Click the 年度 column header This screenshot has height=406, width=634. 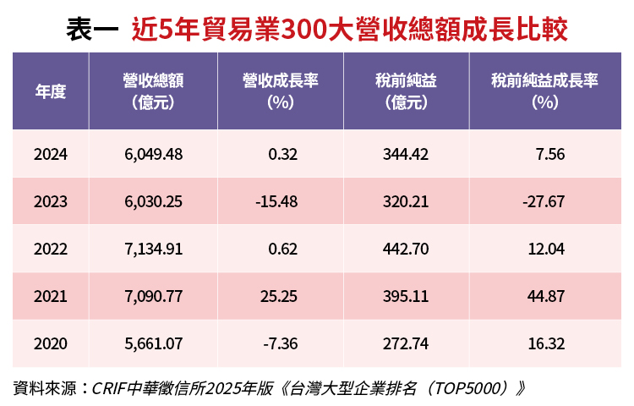coord(51,91)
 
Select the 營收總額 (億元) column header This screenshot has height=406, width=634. coord(153,91)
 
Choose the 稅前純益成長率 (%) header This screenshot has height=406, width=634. coord(544,91)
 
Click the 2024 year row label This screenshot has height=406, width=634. coord(51,154)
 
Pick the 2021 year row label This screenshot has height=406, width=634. coord(51,296)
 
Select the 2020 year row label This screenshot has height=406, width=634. coord(51,344)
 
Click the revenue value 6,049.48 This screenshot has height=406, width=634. coord(153,154)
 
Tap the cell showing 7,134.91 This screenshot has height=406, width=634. coord(153,249)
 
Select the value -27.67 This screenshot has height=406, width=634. coord(544,202)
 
